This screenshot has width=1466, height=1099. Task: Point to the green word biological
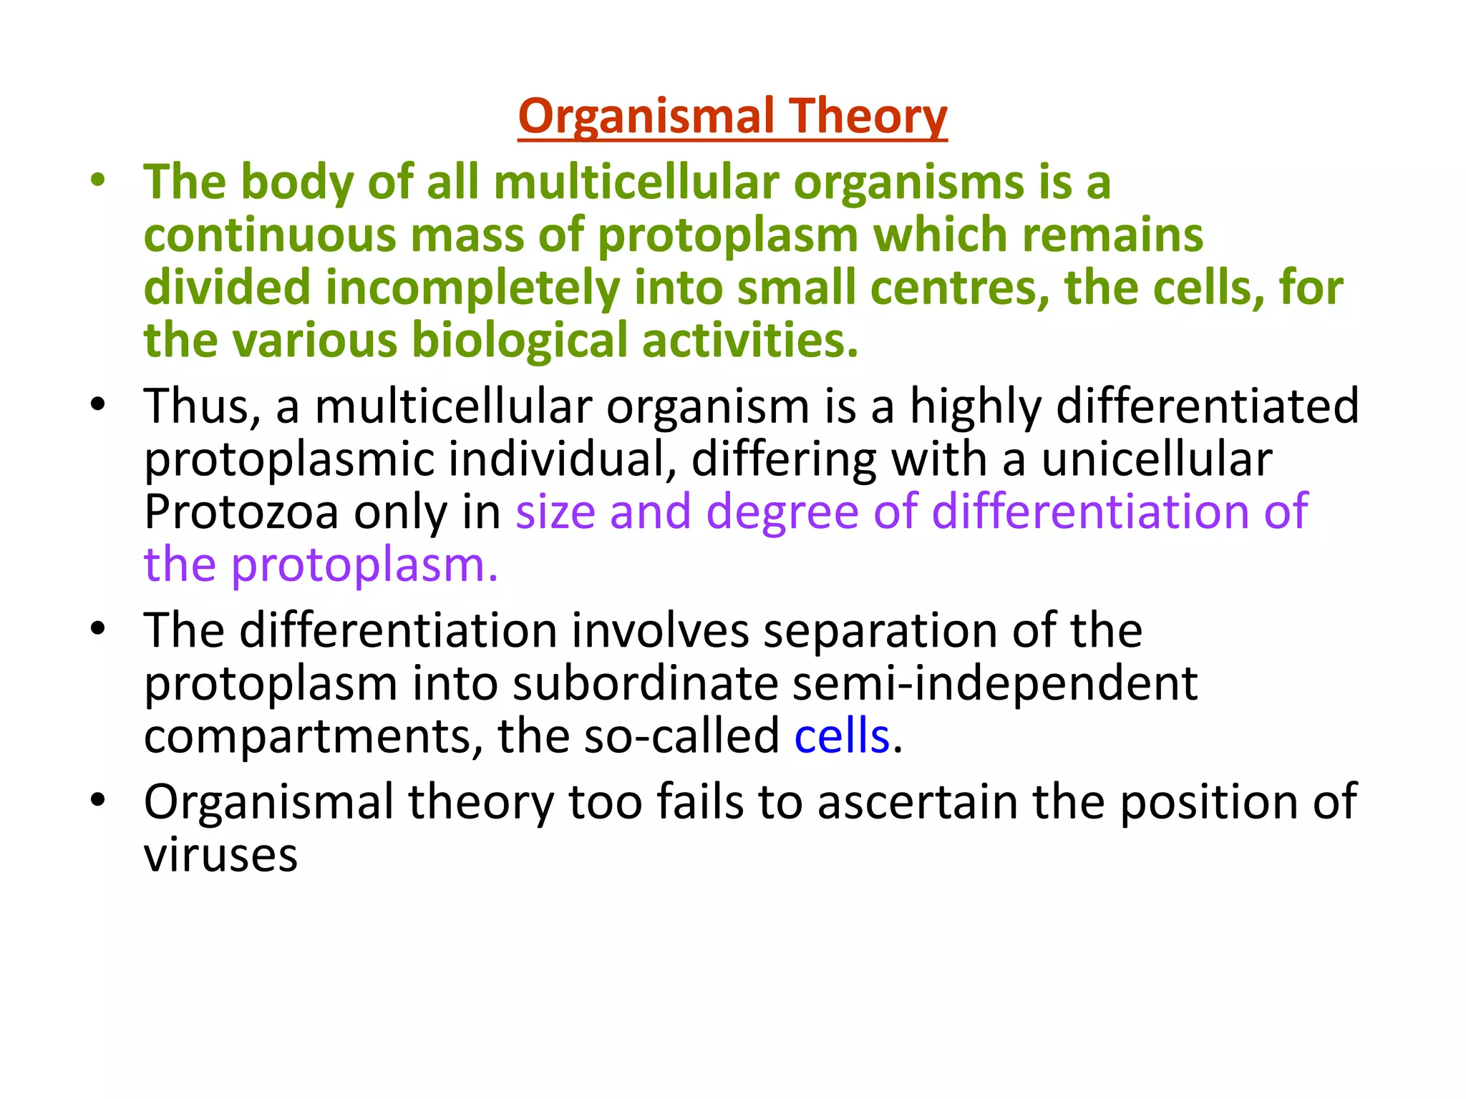click(x=519, y=340)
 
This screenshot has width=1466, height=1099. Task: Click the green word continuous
click(x=269, y=235)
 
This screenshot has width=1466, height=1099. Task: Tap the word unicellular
click(x=1157, y=459)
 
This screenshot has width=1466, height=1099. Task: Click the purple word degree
click(x=782, y=513)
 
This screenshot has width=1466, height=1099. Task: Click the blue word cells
click(x=842, y=736)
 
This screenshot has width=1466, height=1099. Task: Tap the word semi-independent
click(x=995, y=683)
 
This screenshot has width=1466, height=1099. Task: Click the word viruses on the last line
click(x=220, y=855)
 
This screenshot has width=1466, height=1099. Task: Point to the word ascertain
click(x=917, y=802)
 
